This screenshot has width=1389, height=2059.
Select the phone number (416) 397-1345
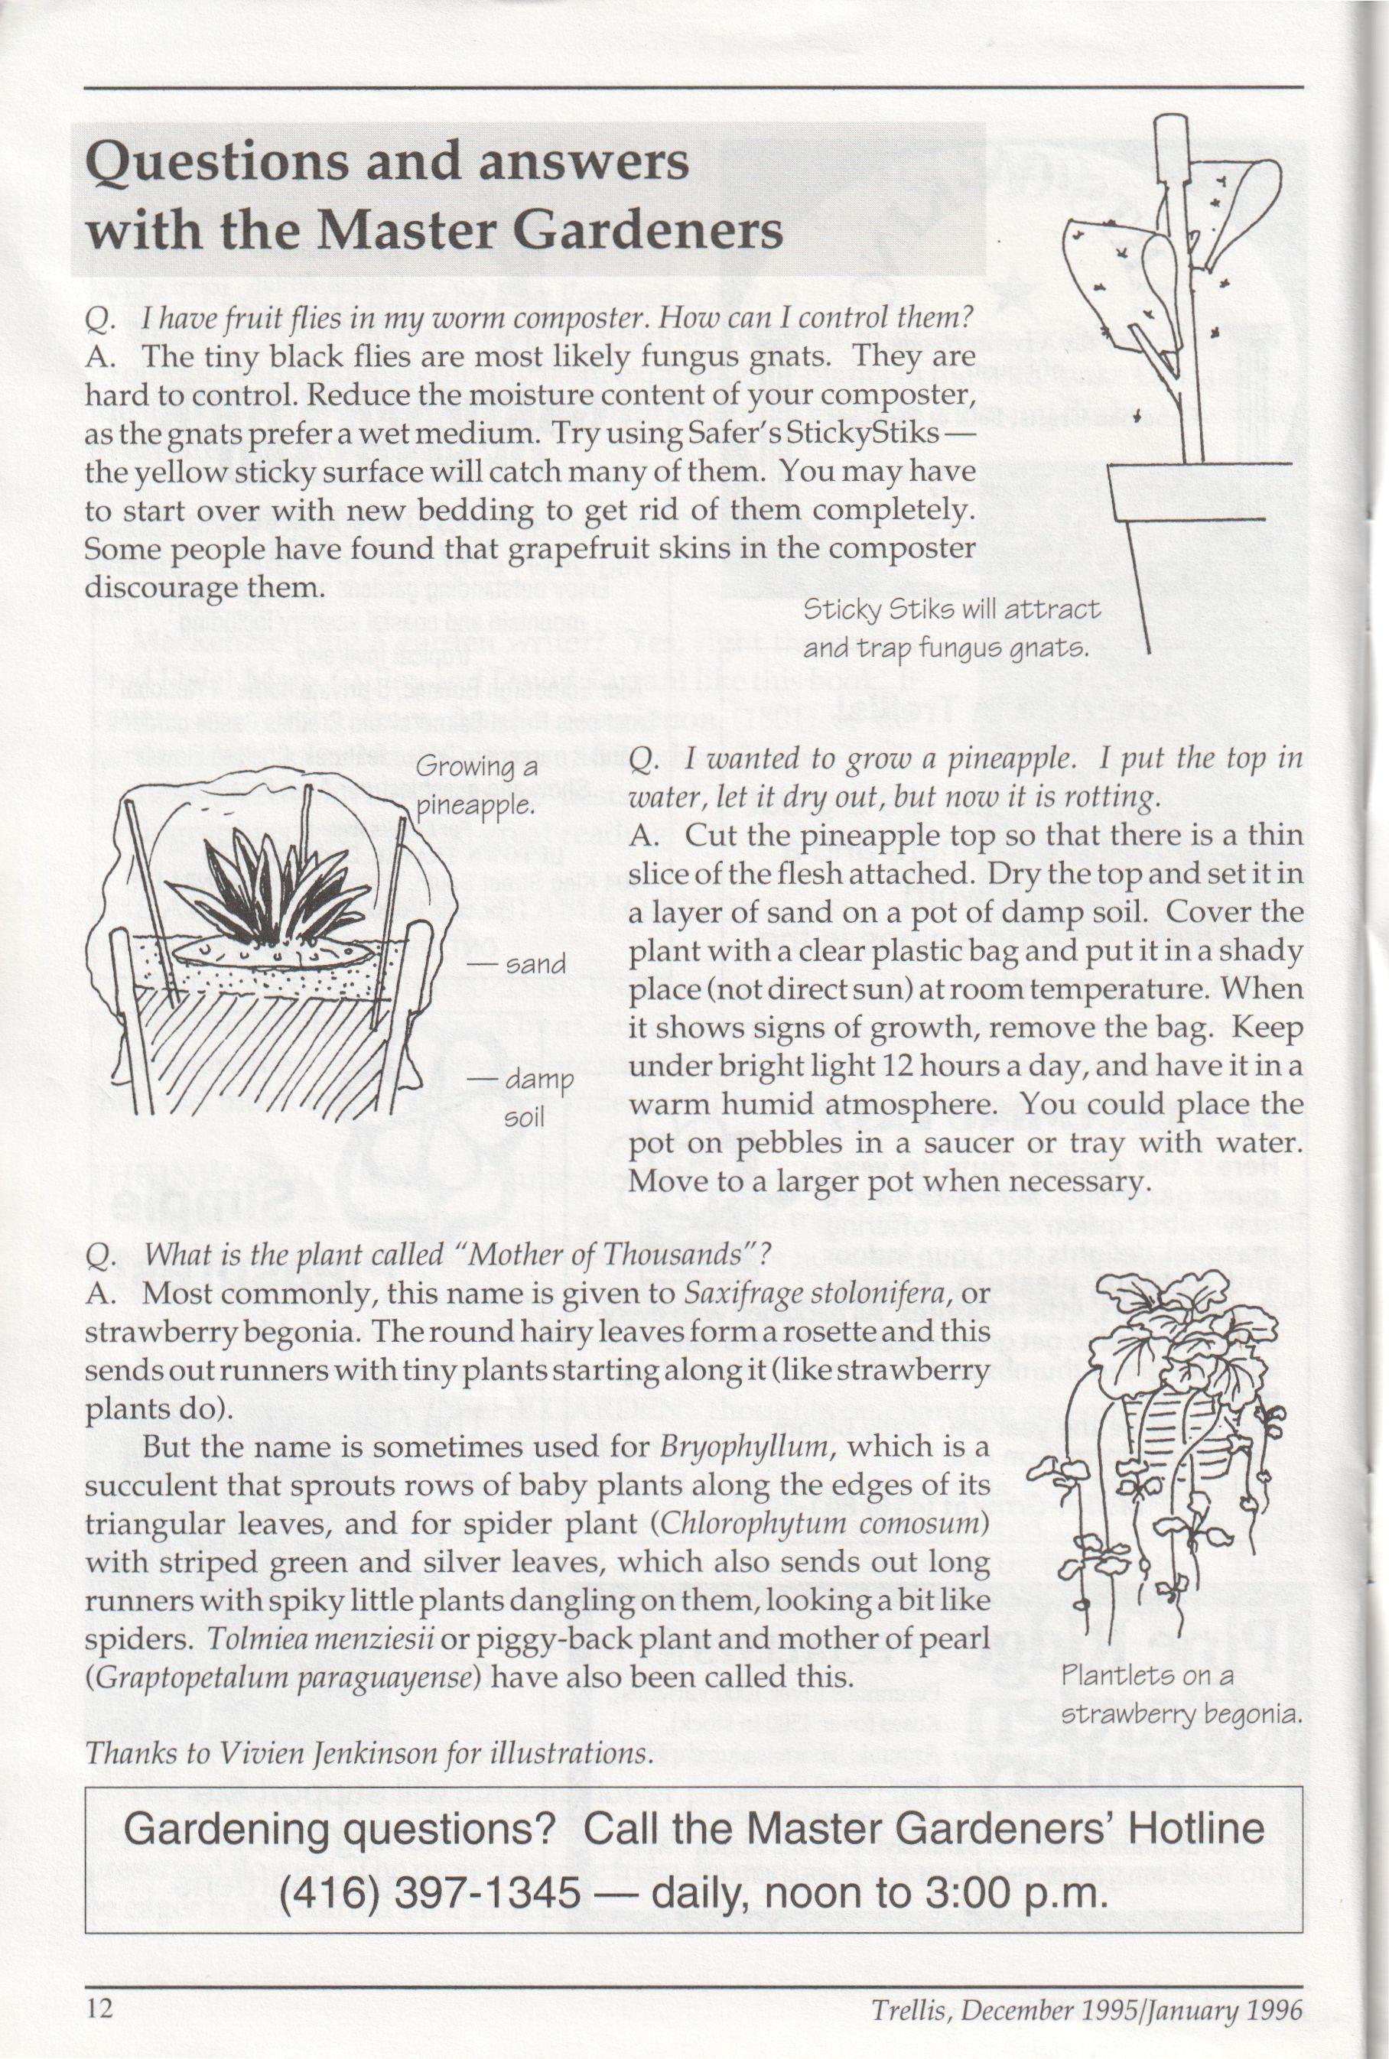430,1892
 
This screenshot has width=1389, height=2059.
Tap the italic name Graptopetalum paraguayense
289,1677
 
